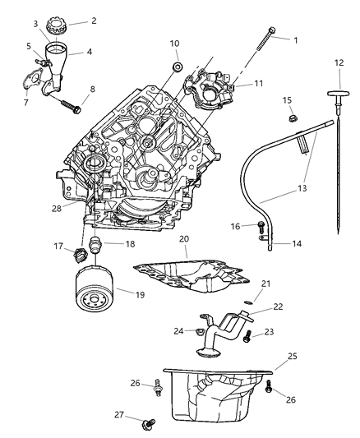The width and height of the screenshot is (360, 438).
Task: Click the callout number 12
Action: (338, 62)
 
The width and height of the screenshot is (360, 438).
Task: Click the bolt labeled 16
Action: (262, 226)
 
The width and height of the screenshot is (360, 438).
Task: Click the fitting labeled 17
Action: (80, 253)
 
